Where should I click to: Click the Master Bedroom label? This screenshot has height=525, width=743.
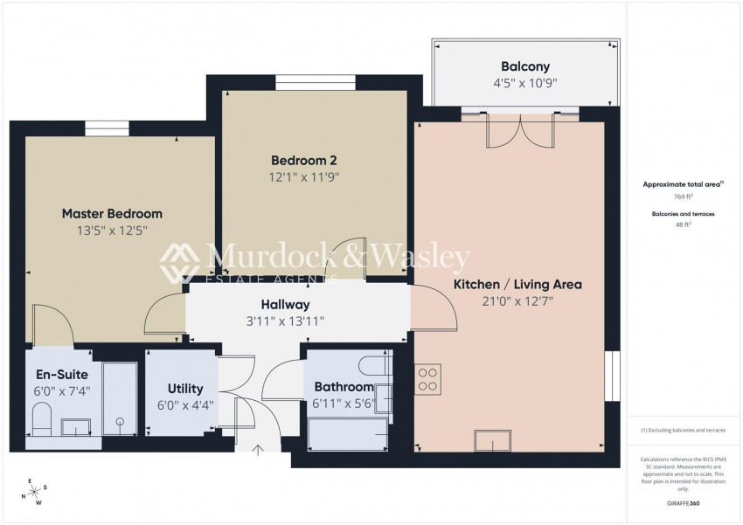pos(112,213)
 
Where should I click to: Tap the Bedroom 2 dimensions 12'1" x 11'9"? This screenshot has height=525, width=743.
pos(304,176)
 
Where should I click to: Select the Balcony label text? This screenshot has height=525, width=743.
pos(524,66)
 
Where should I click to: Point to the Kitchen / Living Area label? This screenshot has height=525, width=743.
pos(517,284)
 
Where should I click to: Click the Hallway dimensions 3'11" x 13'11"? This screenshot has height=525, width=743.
pos(285,321)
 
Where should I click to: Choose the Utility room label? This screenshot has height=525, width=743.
pos(180,389)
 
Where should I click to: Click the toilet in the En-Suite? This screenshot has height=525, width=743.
pos(43,424)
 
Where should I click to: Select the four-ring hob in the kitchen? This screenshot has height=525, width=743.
pos(428,377)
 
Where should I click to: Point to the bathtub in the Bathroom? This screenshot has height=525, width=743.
pos(347,432)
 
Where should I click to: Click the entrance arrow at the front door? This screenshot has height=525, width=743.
pos(259,451)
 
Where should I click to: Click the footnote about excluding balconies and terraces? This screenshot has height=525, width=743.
pos(684,431)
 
